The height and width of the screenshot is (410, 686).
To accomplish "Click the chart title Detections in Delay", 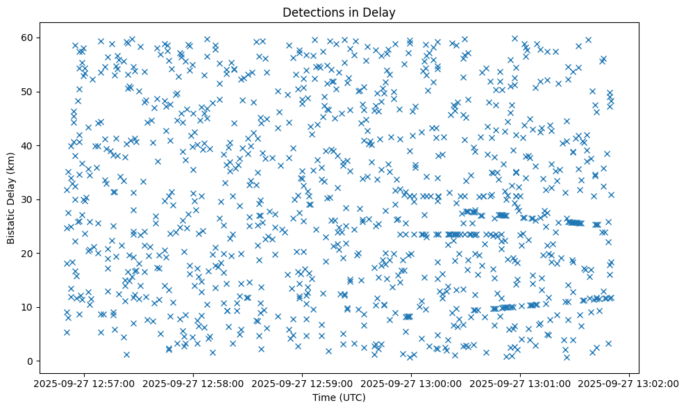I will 339,12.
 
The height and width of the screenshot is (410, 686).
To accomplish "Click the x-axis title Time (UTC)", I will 339,397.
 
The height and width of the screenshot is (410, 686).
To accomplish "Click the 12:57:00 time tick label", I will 85,383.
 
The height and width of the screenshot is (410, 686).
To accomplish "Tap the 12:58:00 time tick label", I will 194,383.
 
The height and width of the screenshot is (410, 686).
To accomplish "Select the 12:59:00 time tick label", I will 303,383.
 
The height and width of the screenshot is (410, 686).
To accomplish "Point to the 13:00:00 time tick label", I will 412,383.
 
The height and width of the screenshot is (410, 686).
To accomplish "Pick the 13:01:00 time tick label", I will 521,383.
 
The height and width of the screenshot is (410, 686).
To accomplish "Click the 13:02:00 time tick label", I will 630,383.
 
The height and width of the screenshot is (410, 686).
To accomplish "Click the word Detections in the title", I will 312,12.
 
